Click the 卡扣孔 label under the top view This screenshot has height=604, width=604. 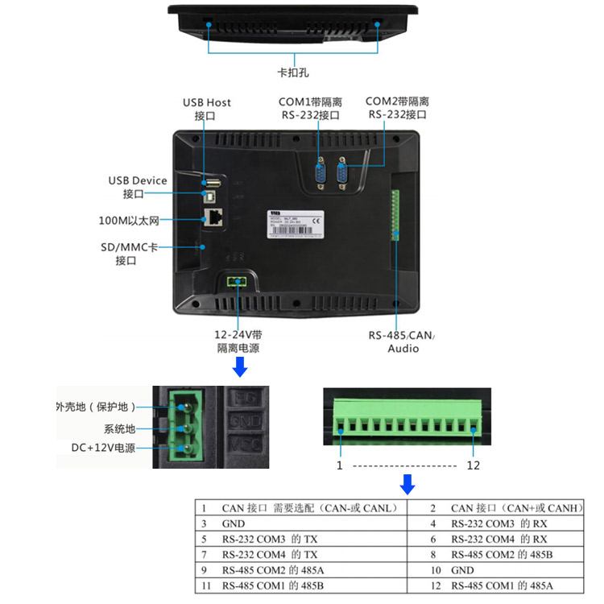(294, 72)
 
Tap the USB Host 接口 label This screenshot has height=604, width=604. (206, 109)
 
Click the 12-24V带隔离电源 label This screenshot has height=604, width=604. (238, 341)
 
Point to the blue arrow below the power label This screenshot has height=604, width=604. (239, 369)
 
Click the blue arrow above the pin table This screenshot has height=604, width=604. (407, 484)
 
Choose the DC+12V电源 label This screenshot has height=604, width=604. (102, 448)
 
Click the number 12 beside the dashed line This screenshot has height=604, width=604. (474, 465)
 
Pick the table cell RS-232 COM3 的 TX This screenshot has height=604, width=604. (270, 539)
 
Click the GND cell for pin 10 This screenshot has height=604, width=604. (462, 569)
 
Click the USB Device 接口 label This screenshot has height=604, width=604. (138, 187)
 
